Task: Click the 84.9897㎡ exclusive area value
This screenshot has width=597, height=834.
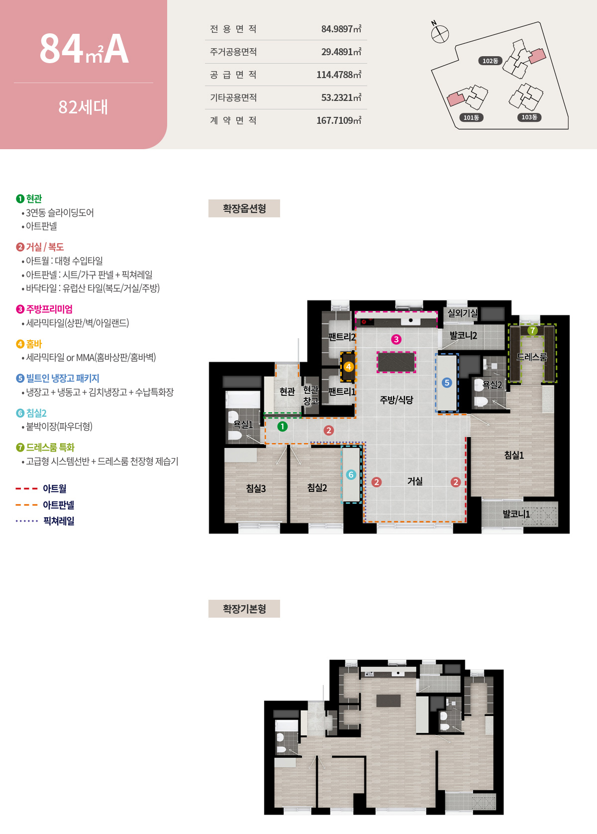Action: (x=341, y=29)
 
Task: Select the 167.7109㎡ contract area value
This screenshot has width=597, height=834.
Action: (x=338, y=120)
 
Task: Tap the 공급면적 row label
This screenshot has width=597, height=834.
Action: (x=233, y=75)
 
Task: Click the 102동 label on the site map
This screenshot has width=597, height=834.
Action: (x=490, y=61)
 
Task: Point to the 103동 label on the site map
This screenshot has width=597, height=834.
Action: (x=529, y=117)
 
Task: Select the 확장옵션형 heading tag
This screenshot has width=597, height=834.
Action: (x=244, y=208)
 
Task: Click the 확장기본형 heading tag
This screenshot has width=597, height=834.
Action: (x=244, y=609)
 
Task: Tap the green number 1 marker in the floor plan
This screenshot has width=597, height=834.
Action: (x=282, y=427)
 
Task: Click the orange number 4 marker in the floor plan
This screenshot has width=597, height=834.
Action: (x=348, y=367)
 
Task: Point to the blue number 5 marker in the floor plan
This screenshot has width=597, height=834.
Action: (x=447, y=382)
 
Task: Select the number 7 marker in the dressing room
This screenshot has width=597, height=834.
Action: (x=532, y=330)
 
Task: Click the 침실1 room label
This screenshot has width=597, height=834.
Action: (x=514, y=455)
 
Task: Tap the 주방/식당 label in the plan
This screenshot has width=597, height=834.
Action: (x=397, y=400)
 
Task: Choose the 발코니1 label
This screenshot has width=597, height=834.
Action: (x=516, y=514)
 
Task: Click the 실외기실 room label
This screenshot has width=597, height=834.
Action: (x=462, y=313)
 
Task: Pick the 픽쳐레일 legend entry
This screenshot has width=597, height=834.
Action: (x=58, y=521)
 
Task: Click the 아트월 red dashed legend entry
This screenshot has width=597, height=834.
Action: (x=54, y=488)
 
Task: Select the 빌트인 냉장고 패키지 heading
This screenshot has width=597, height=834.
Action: (x=63, y=378)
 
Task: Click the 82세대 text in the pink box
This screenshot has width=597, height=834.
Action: (x=83, y=107)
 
